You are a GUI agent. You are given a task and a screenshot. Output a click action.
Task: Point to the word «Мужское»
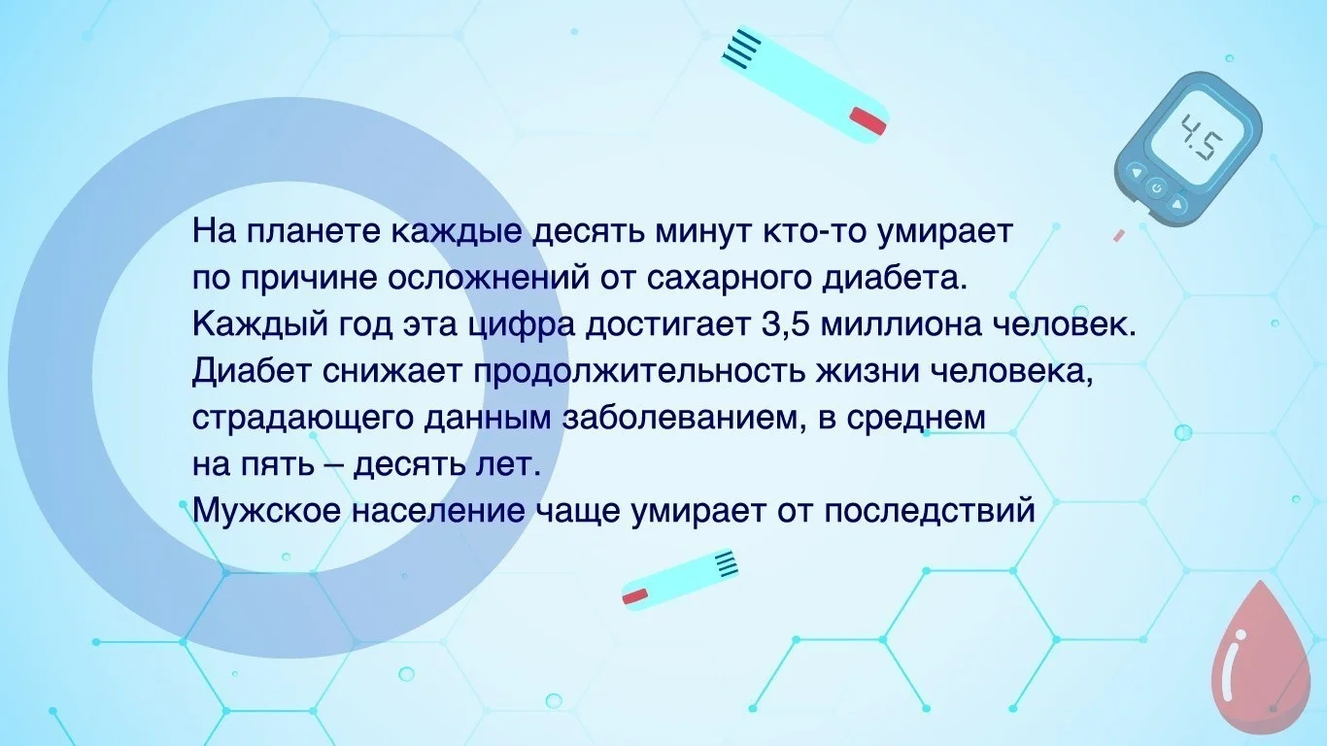266,510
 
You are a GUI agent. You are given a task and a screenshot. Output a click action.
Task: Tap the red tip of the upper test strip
868,119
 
